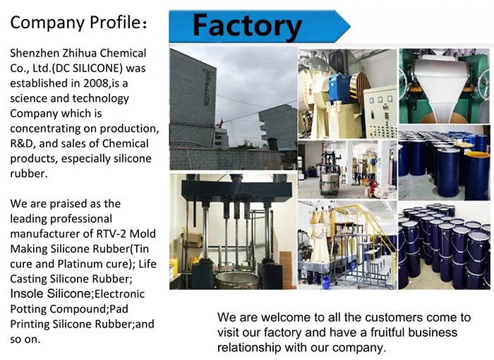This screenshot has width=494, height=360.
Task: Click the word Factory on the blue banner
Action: coord(246,25)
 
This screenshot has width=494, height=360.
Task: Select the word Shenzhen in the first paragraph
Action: coord(36,53)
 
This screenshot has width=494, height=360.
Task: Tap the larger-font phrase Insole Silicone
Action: coord(50,293)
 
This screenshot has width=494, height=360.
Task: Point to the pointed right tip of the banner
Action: coord(348,26)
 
